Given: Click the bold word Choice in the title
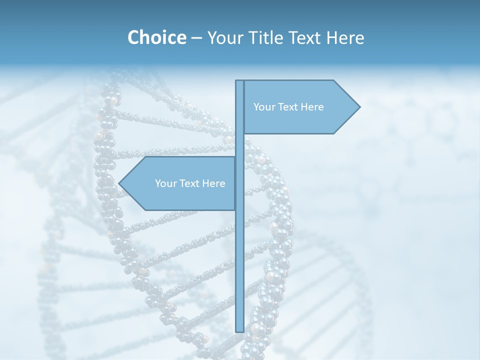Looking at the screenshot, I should click(156, 37).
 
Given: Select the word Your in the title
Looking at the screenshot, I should click(224, 37).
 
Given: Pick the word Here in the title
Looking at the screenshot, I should click(345, 37).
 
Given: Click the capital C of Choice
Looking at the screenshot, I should click(134, 37).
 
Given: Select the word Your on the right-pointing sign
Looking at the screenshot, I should click(264, 107).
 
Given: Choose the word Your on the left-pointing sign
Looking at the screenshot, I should click(166, 183).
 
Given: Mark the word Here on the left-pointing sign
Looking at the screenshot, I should click(214, 183).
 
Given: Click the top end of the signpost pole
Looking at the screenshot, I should click(239, 81).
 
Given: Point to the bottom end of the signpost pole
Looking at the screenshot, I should click(239, 330).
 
